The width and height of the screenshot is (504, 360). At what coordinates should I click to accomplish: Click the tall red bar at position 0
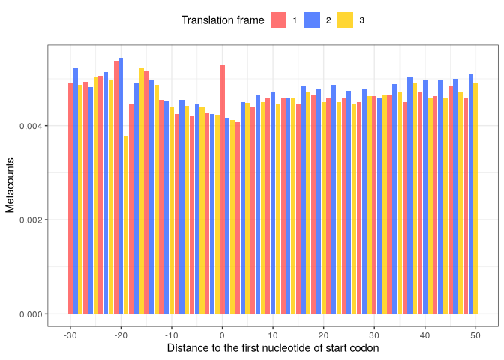coord(223,189)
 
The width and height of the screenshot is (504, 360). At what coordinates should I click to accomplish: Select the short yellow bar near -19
coord(126,225)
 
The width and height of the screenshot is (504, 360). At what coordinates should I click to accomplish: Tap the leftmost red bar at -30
coord(70,198)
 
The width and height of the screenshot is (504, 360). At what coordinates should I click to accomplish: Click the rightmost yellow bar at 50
coord(475,198)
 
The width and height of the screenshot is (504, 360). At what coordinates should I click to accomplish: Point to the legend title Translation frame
coord(223,20)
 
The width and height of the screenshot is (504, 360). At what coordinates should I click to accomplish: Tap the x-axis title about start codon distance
coord(273,348)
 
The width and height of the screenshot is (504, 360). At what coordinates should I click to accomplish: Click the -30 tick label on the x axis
coord(70,334)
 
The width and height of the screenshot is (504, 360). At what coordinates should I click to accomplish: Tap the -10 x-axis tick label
coord(171,334)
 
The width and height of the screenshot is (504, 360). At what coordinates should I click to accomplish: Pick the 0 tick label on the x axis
coord(222,334)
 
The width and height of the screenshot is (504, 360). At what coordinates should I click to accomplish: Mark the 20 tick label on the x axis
coord(323,334)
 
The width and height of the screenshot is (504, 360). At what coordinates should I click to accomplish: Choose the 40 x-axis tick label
coord(424,334)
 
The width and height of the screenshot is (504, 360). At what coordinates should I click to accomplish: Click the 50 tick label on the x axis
coord(475,334)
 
